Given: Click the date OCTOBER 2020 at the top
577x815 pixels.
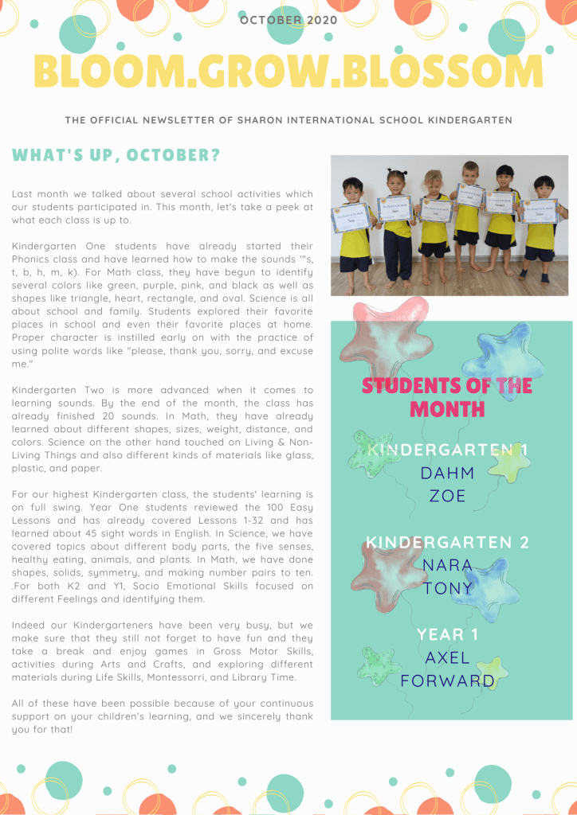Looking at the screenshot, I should click(288, 20).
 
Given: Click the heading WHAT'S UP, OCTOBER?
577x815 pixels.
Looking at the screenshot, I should click(116, 155).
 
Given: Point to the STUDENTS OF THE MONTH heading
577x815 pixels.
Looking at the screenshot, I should click(447, 398).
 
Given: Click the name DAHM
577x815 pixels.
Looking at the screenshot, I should click(447, 473).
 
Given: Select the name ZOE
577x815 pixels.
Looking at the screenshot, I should click(447, 496).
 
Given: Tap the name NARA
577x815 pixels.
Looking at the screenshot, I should click(447, 565).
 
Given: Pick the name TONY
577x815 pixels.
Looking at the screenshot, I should click(447, 588).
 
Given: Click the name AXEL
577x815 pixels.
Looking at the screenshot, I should click(447, 658).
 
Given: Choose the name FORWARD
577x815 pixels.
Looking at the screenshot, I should click(447, 681).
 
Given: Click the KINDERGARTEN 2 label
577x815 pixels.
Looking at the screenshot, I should click(447, 543).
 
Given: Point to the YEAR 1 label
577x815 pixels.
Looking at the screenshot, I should click(447, 634).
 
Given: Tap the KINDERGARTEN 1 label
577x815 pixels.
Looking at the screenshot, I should click(447, 450).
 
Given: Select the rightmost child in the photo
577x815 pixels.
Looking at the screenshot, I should click(544, 227).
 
